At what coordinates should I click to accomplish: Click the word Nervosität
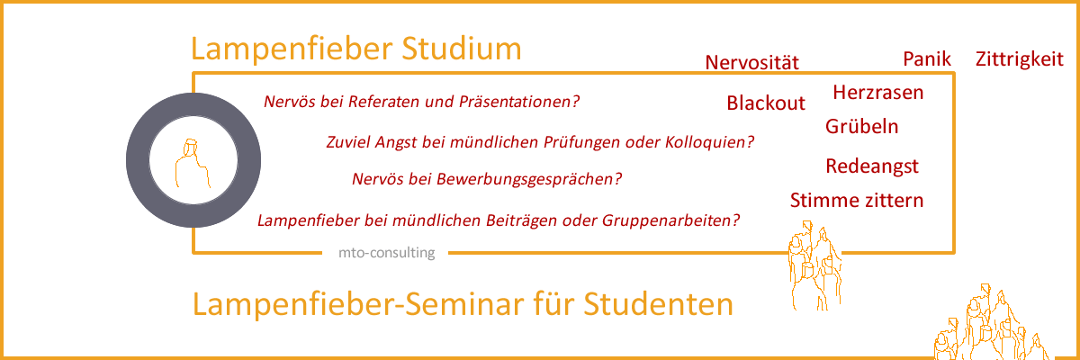click(x=752, y=63)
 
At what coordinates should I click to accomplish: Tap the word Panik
click(x=927, y=60)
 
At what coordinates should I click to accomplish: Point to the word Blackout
click(x=766, y=103)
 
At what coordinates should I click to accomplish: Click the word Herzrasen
click(x=878, y=93)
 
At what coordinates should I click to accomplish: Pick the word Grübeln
click(x=861, y=127)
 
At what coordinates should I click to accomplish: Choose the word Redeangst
click(x=871, y=166)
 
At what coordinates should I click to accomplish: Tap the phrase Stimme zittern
click(x=857, y=200)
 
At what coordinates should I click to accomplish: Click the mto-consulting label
click(x=386, y=253)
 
